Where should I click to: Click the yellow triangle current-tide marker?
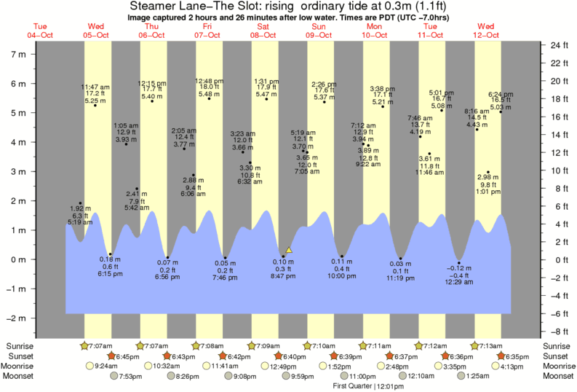(289, 250)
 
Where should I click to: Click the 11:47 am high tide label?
(95, 87)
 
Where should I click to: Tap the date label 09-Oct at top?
(318, 35)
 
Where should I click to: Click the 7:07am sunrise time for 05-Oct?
(100, 345)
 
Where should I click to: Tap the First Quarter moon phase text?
(366, 385)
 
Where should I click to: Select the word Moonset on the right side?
(557, 376)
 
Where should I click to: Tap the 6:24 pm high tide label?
(501, 94)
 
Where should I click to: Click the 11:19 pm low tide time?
(400, 279)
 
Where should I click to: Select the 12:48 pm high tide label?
(209, 81)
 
